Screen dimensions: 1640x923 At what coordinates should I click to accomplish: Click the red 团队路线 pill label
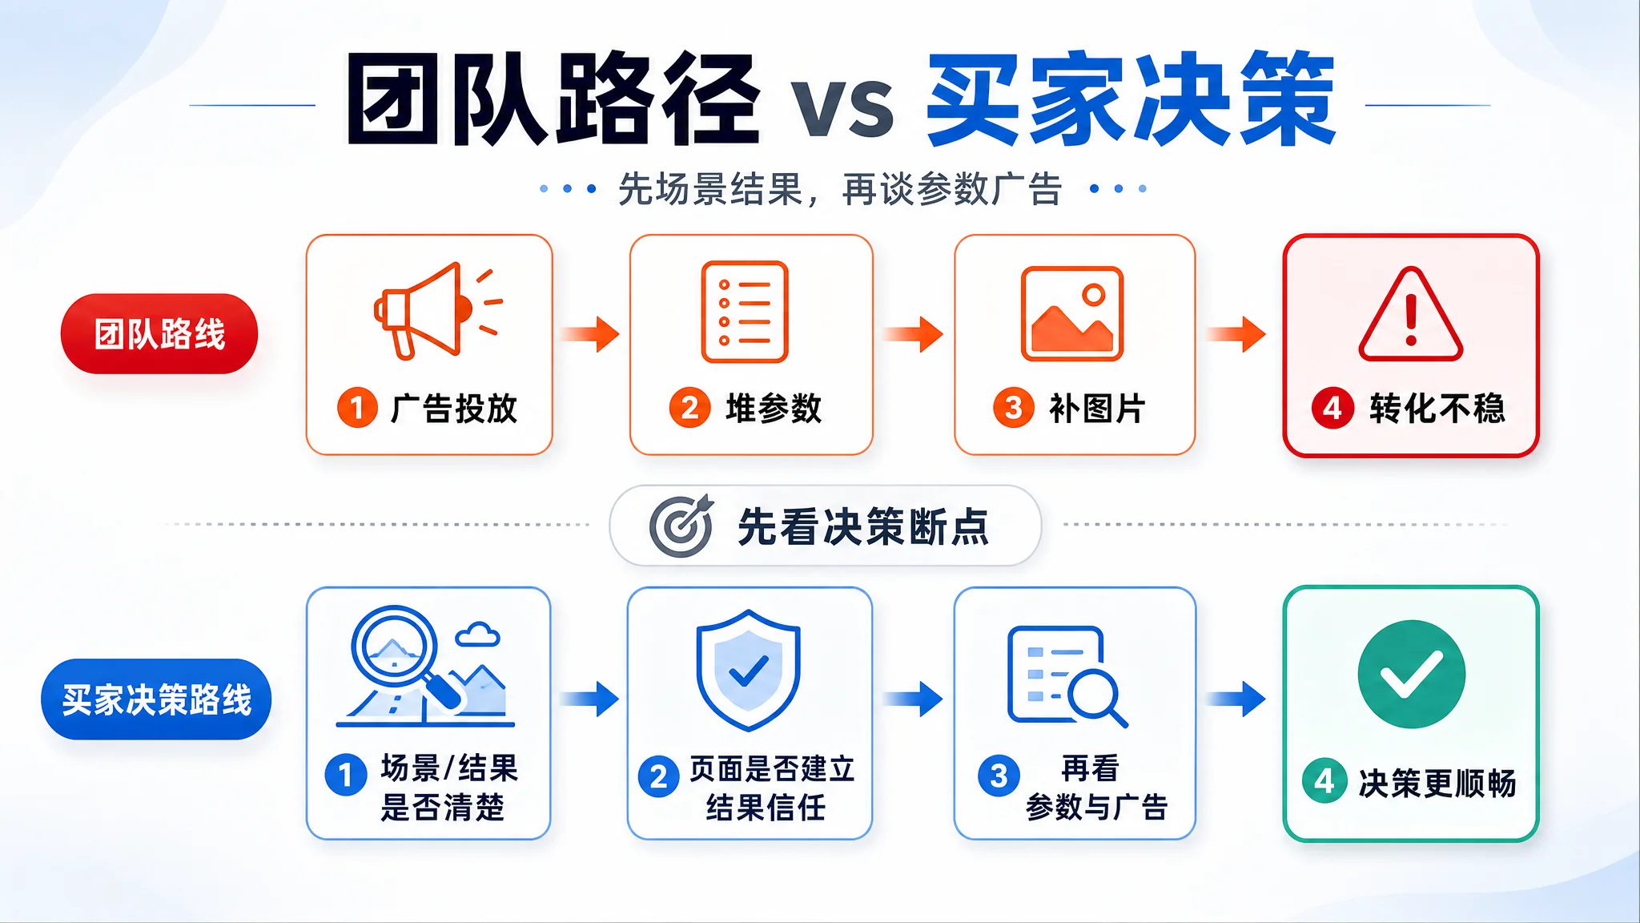point(159,334)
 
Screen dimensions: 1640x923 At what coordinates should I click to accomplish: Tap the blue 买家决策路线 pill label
point(156,699)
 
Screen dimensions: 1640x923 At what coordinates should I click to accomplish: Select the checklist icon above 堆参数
point(745,312)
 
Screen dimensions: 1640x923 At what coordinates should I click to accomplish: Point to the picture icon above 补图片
point(1072,313)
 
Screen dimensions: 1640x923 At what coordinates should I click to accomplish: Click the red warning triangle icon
point(1411,314)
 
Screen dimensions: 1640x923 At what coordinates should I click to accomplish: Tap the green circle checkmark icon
point(1412,674)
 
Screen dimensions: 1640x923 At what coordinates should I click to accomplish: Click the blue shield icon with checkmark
point(748,671)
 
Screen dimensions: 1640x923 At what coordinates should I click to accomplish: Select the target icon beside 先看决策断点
point(681,526)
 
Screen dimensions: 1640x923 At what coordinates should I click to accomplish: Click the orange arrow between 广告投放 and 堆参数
point(590,334)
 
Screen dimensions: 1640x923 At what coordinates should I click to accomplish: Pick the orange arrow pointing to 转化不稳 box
point(1236,334)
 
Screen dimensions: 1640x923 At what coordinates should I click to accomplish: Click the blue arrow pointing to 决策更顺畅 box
point(1236,699)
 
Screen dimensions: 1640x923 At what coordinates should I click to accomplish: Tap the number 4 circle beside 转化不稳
point(1332,408)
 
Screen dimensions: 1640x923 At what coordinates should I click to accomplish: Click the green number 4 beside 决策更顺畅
point(1324,780)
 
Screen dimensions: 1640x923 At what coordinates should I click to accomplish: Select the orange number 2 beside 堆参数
point(689,408)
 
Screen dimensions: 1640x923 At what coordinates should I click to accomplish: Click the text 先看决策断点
point(863,527)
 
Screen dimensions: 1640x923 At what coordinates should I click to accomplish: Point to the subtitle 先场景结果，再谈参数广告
point(840,190)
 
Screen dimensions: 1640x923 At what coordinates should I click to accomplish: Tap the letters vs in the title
point(842,108)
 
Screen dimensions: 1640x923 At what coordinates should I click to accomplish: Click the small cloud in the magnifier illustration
point(478,635)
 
